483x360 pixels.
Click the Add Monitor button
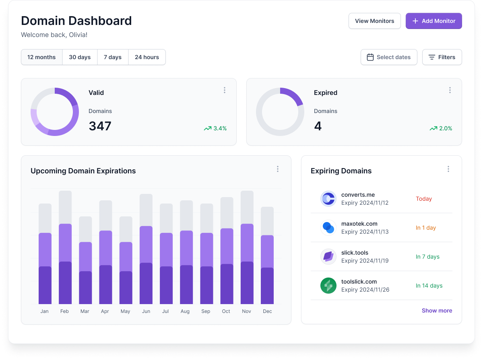(433, 21)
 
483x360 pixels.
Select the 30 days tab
(80, 57)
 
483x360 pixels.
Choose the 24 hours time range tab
(147, 57)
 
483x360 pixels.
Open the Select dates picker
(389, 57)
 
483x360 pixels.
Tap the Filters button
(442, 57)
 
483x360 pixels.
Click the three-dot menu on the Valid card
(225, 90)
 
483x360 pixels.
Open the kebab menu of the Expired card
(450, 90)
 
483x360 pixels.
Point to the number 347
(100, 126)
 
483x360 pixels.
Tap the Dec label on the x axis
(267, 311)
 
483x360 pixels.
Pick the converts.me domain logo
(328, 199)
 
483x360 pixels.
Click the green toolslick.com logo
(328, 286)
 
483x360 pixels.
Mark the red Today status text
(424, 199)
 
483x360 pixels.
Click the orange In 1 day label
(426, 228)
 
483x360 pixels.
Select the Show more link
(437, 311)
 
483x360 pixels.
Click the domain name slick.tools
(355, 253)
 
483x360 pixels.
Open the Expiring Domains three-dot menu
(448, 169)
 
